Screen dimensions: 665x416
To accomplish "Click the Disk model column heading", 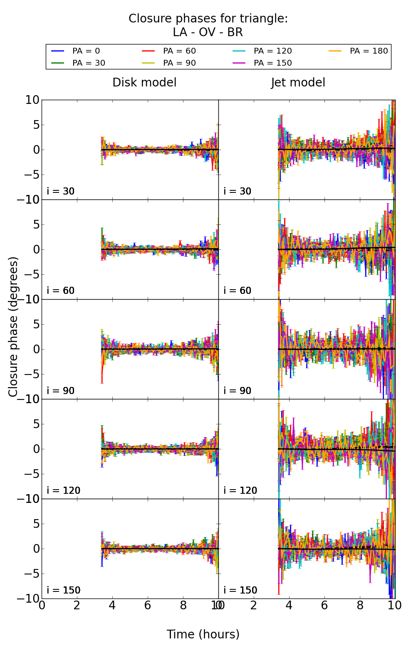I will coord(144,83).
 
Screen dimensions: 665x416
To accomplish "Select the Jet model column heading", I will coord(298,83).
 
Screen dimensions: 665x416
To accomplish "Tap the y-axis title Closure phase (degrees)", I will coord(13,327).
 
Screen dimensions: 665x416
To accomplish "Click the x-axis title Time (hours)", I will coord(203,634).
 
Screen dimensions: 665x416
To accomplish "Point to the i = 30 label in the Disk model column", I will coord(61,191).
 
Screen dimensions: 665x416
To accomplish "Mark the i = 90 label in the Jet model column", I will coord(238,391).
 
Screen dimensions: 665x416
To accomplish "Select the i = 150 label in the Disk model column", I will coord(64,590).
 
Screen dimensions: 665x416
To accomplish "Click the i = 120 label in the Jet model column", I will coord(240,490).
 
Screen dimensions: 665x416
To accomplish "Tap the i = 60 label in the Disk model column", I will coord(61,291).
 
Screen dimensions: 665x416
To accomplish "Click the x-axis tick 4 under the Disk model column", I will coord(112,605).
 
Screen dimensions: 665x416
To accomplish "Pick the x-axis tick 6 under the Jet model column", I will coord(324,605).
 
